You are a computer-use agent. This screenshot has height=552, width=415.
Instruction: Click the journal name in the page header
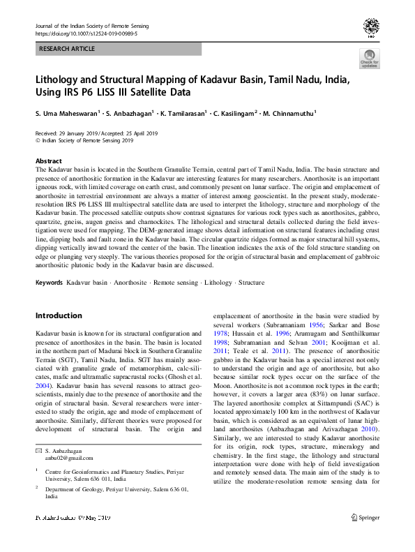click(x=84, y=25)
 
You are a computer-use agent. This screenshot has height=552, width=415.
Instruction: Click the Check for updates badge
click(x=369, y=59)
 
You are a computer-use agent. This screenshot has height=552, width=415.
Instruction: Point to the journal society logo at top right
click(x=370, y=28)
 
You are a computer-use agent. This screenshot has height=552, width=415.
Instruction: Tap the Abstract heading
click(x=48, y=161)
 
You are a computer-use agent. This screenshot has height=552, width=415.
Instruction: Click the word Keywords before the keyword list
click(x=49, y=283)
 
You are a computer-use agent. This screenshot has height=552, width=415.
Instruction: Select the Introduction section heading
click(x=59, y=315)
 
